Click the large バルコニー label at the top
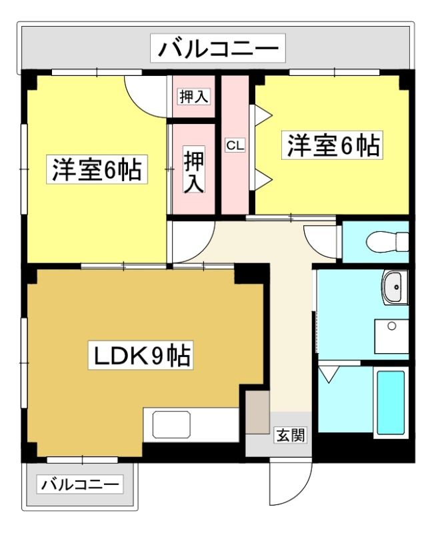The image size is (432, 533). click(218, 48)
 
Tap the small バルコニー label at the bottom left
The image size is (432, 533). click(80, 484)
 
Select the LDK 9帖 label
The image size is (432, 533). click(141, 355)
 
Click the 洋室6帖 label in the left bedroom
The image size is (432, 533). click(97, 169)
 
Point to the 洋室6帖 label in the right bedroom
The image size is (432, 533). click(332, 145)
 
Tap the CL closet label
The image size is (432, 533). click(235, 146)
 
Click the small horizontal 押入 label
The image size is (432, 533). click(194, 97)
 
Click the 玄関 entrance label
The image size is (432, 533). click(291, 436)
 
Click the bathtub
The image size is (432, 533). click(391, 402)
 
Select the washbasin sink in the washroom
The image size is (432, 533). click(395, 287)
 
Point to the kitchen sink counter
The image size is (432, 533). click(191, 425)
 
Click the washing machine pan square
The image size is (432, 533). click(391, 336)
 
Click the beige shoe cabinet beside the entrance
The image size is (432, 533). click(257, 412)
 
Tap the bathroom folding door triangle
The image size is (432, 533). click(329, 373)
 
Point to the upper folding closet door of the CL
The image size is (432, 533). click(261, 115)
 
